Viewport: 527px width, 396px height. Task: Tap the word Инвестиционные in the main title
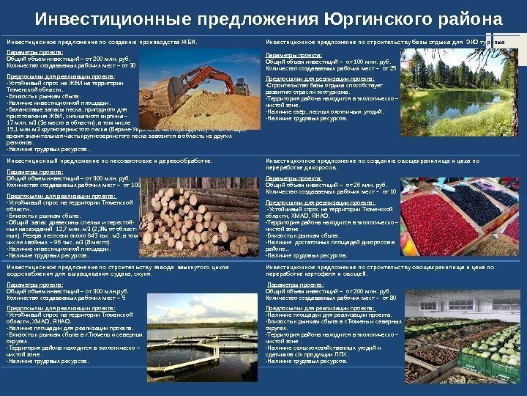click(110, 17)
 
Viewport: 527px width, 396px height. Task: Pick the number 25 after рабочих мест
click(393, 68)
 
